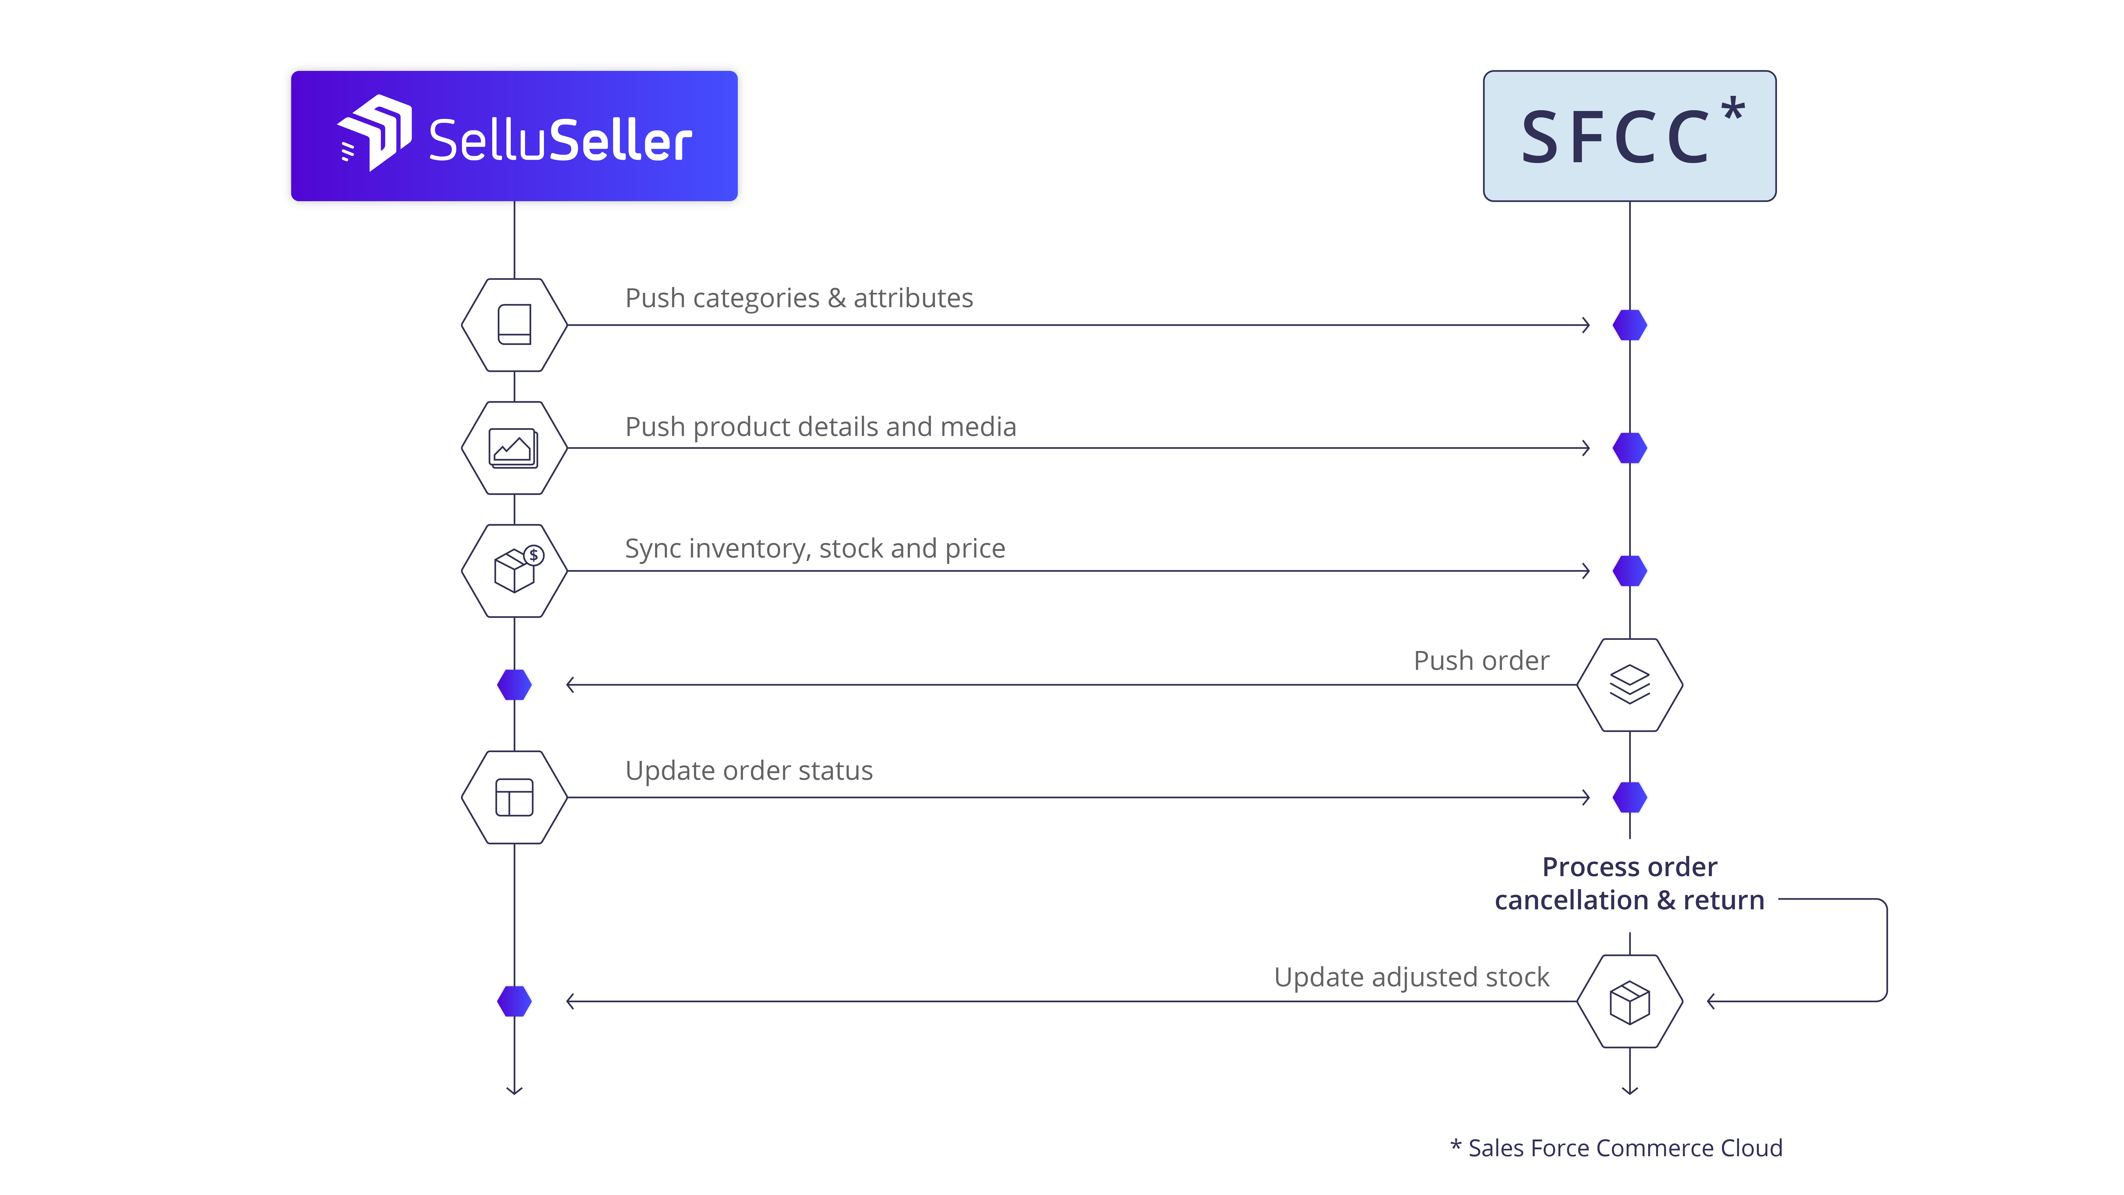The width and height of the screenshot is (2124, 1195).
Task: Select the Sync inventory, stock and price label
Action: [815, 549]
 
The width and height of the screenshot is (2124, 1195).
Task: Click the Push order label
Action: [1481, 661]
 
